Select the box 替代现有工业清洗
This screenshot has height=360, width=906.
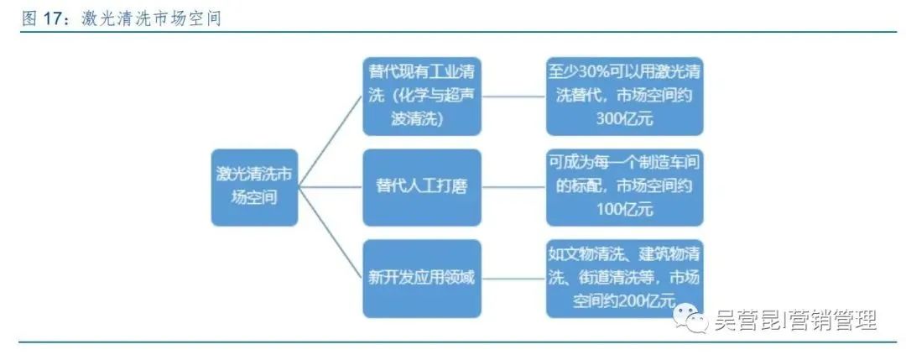click(x=422, y=95)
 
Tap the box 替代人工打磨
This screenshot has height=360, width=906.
click(x=422, y=186)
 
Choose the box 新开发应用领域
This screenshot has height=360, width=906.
click(x=422, y=278)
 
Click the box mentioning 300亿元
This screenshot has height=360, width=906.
click(x=624, y=95)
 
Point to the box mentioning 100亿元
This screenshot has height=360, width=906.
click(x=624, y=186)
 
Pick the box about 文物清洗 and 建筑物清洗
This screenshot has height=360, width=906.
click(x=624, y=278)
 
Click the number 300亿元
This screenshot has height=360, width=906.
click(x=624, y=118)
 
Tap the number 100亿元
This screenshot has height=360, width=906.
click(x=624, y=210)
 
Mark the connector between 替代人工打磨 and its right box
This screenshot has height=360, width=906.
click(x=513, y=186)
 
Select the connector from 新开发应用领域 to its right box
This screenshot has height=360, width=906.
click(x=513, y=278)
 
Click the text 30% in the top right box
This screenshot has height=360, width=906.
click(x=591, y=71)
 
